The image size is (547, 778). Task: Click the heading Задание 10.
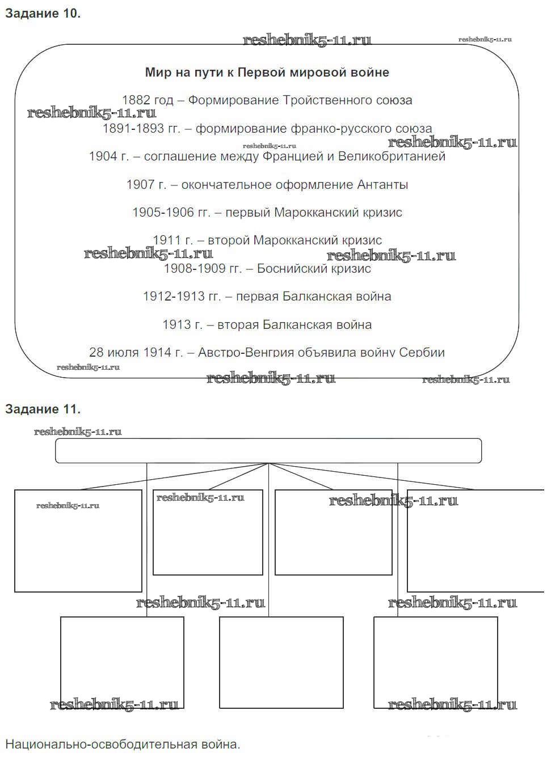click(43, 14)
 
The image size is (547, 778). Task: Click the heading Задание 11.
click(43, 409)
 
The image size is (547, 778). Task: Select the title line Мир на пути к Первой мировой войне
click(267, 73)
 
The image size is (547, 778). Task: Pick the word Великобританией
click(392, 157)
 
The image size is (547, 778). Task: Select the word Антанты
click(382, 185)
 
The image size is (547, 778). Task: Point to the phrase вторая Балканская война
click(294, 325)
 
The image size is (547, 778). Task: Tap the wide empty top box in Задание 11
click(268, 451)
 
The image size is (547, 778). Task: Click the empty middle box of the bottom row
click(281, 662)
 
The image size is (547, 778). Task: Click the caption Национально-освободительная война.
click(123, 745)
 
